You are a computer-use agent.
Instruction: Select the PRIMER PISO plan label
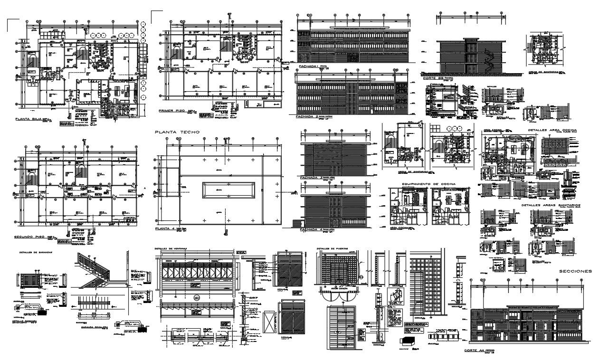(173, 111)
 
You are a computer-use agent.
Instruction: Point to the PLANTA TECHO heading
(177, 132)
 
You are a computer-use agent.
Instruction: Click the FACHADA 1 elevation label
(307, 67)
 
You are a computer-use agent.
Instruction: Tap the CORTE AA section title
(477, 350)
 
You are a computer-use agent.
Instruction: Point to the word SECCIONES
(575, 271)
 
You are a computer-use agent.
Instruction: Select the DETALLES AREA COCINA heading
(552, 130)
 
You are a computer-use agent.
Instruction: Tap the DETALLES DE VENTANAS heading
(171, 248)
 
